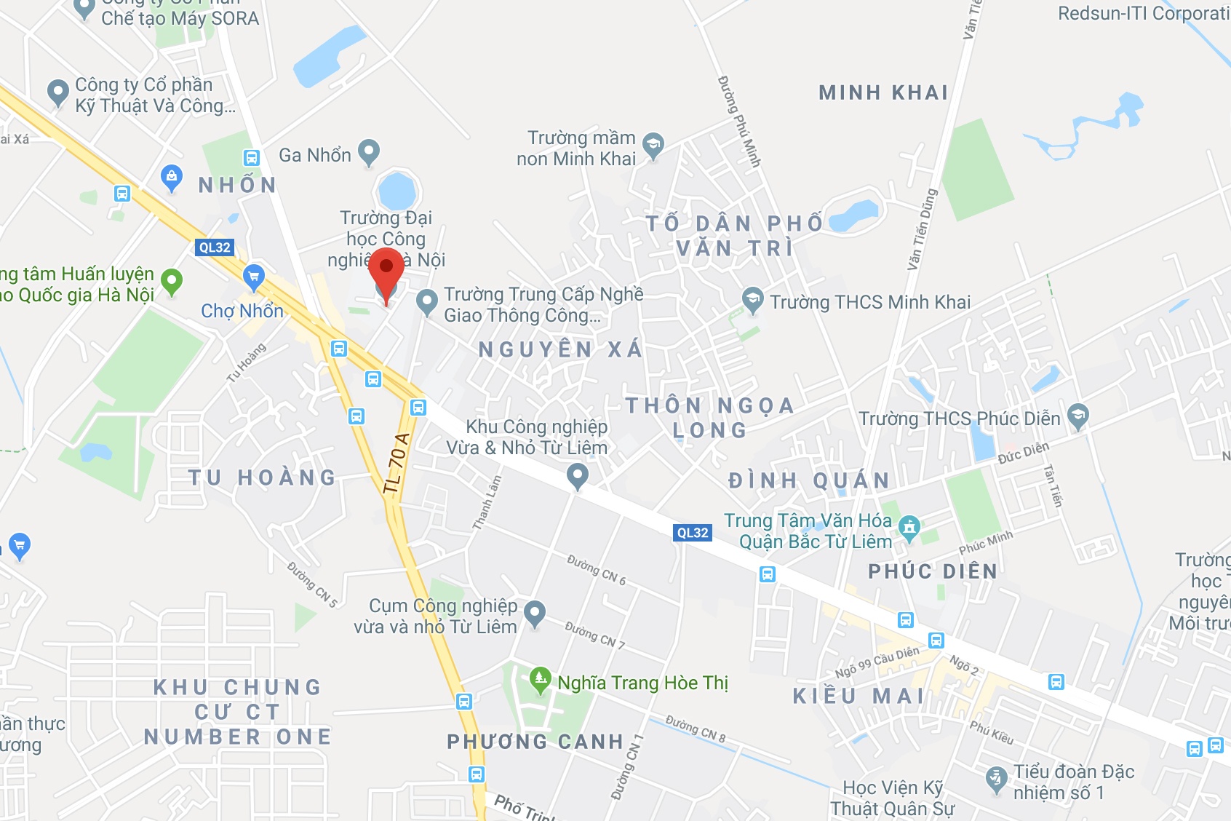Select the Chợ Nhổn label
tap(242, 312)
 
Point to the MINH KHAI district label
tap(883, 92)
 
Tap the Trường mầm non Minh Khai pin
tap(653, 146)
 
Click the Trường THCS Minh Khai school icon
tap(752, 299)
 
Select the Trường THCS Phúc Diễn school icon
tap(1077, 416)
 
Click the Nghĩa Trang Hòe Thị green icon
tap(540, 680)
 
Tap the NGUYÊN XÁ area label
tap(560, 349)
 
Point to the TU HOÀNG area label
tap(262, 477)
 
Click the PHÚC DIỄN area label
tap(933, 571)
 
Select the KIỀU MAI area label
tap(858, 696)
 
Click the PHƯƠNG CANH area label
tap(535, 742)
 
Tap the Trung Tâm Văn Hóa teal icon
tap(909, 526)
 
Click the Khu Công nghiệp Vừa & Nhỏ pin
tap(578, 476)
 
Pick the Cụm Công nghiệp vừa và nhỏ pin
tap(535, 613)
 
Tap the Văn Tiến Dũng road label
tap(923, 229)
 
